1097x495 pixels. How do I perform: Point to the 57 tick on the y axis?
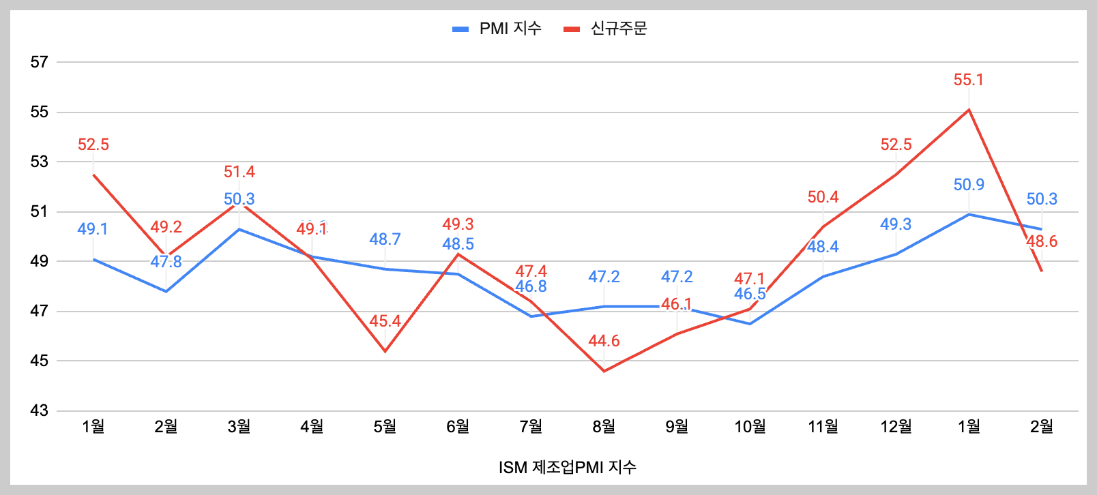pos(40,62)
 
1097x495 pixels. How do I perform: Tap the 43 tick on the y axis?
pos(40,410)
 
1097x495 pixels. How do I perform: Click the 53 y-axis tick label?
pos(40,162)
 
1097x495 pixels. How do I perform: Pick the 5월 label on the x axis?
pos(385,427)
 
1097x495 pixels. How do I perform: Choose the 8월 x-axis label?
pos(604,427)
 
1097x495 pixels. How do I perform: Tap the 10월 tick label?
pos(750,427)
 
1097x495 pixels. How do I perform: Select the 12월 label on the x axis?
pos(896,427)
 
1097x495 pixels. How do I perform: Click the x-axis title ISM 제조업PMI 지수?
pos(567,467)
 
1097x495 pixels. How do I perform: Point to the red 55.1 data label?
pos(969,80)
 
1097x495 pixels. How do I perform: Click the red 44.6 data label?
pos(604,341)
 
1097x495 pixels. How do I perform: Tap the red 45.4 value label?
pos(385,321)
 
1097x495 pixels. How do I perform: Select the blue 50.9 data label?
pos(969,185)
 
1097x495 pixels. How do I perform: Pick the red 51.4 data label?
pos(239,172)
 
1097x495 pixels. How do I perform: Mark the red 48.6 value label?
pos(1042,241)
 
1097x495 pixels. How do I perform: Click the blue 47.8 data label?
pos(166,262)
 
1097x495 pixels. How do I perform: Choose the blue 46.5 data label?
pos(750,294)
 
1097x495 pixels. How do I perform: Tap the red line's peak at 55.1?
pos(969,110)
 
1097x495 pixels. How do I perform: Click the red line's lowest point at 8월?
pos(604,371)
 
